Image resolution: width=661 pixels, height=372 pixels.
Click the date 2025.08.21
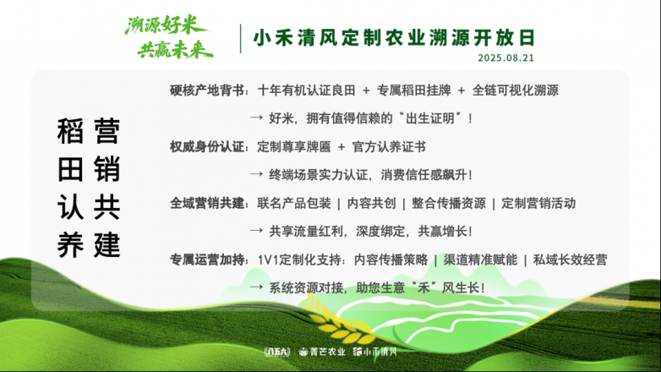pyautogui.click(x=505, y=57)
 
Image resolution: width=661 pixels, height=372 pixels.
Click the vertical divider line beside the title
pyautogui.click(x=240, y=38)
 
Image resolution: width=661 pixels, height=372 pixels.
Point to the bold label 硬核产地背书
pyautogui.click(x=207, y=90)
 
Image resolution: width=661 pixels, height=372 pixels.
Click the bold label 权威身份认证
pyautogui.click(x=207, y=147)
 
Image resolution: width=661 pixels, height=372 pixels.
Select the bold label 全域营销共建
pyautogui.click(x=207, y=203)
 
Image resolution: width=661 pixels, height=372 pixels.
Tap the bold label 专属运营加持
pyautogui.click(x=207, y=260)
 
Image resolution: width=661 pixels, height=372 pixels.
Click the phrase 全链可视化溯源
pyautogui.click(x=515, y=90)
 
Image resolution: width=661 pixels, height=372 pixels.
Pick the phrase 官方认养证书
pyautogui.click(x=389, y=147)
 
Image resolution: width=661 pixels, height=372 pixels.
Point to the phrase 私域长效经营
pyautogui.click(x=570, y=260)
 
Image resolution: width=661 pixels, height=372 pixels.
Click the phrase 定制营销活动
pyautogui.click(x=538, y=203)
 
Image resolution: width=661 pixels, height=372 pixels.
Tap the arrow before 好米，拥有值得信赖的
pyautogui.click(x=256, y=118)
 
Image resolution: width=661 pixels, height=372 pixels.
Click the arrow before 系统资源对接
pyautogui.click(x=256, y=287)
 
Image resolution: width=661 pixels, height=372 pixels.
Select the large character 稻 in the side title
pyautogui.click(x=70, y=131)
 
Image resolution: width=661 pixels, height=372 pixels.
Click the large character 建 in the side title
pyautogui.click(x=107, y=244)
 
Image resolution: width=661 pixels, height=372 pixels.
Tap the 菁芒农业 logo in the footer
pyautogui.click(x=322, y=352)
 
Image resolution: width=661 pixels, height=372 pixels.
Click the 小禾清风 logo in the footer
pyautogui.click(x=374, y=352)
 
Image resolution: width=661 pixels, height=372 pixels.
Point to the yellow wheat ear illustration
pyautogui.click(x=337, y=320)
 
